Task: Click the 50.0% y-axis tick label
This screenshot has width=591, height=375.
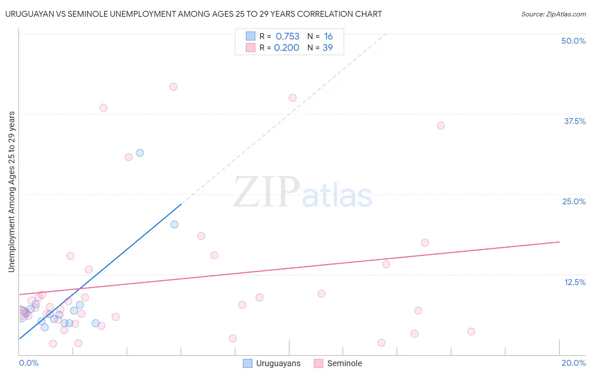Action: point(573,41)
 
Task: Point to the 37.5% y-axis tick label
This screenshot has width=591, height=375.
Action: point(575,121)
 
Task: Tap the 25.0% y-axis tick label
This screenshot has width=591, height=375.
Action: point(574,201)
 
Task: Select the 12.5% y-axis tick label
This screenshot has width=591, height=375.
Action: point(575,282)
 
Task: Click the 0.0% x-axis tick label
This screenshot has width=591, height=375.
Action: point(29,363)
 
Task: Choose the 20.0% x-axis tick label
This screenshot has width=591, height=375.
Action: point(573,363)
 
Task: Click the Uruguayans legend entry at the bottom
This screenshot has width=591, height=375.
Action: point(278,363)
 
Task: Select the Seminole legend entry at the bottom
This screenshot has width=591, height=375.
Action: point(344,363)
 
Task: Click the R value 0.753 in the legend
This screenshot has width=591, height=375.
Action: point(288,37)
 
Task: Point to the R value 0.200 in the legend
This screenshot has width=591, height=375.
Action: point(287,48)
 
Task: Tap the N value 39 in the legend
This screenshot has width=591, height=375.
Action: point(327,48)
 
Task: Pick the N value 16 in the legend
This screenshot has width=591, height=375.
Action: point(328,37)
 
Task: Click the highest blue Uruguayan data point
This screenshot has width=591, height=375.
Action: point(140,153)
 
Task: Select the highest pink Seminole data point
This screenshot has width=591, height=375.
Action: point(173,87)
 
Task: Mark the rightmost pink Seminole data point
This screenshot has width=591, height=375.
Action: point(471,332)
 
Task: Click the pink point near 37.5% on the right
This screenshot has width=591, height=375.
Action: point(441,126)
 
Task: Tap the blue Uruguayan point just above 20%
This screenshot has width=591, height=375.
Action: point(174,224)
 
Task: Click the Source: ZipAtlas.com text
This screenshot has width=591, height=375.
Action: point(553,14)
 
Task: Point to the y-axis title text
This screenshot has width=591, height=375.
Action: point(12,192)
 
